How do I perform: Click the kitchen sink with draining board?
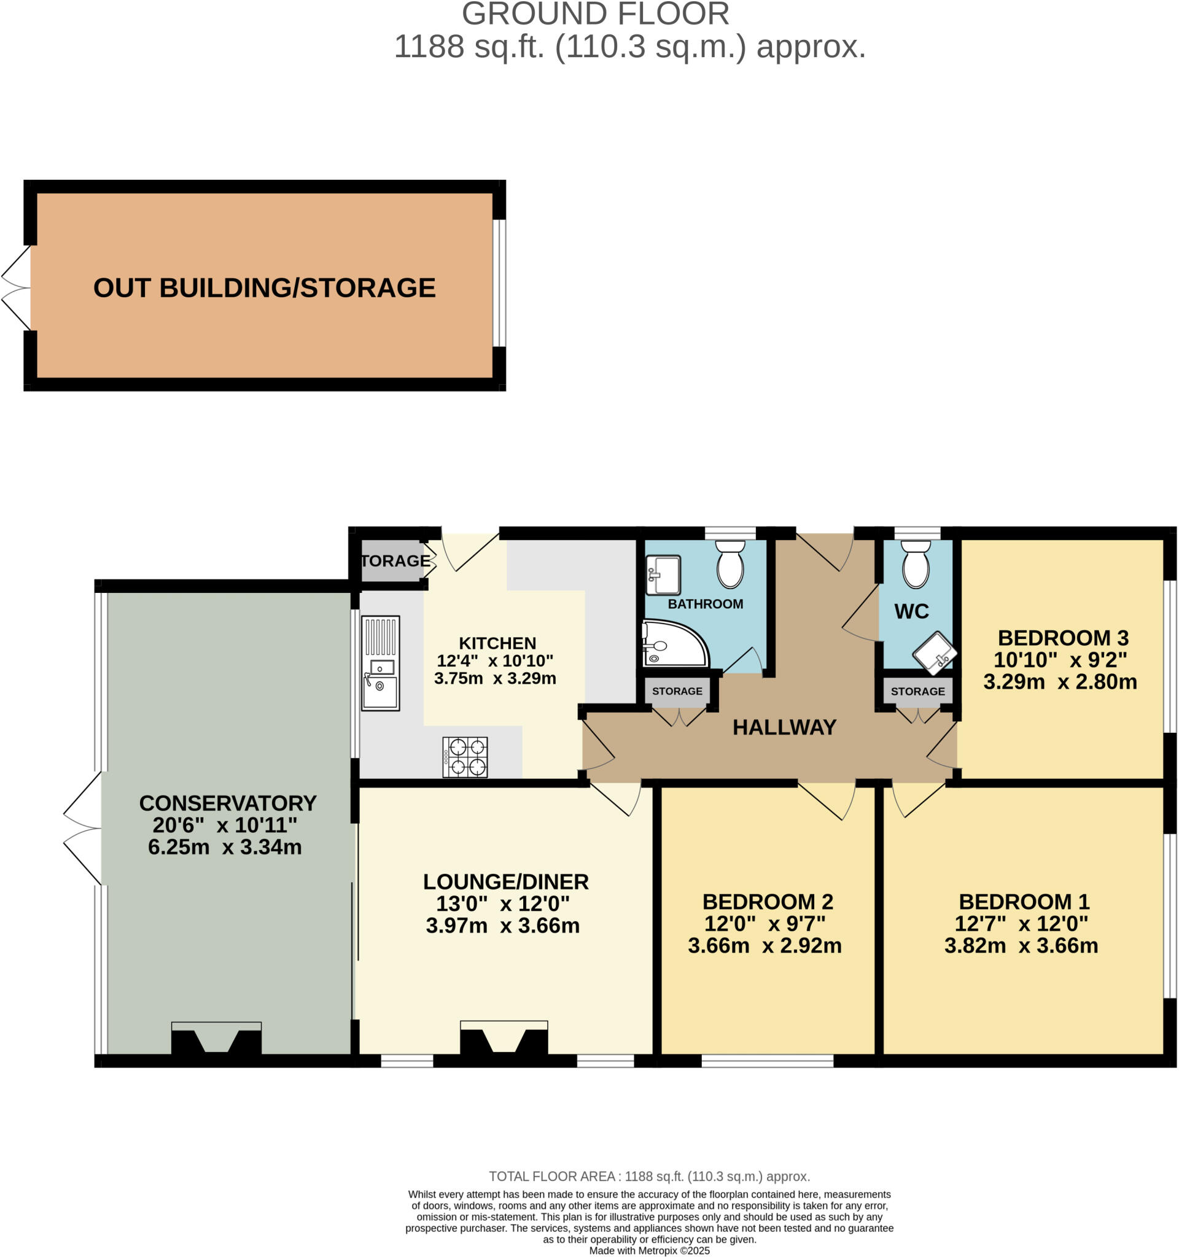pyautogui.click(x=380, y=663)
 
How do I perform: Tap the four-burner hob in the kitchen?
pyautogui.click(x=465, y=756)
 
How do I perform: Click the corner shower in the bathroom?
pyautogui.click(x=672, y=644)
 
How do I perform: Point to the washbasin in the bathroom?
pyautogui.click(x=663, y=574)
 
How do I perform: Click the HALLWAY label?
pyautogui.click(x=784, y=727)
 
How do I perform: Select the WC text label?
pyautogui.click(x=911, y=611)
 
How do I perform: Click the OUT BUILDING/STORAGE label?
pyautogui.click(x=265, y=288)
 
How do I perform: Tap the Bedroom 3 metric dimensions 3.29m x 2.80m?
pyautogui.click(x=1059, y=682)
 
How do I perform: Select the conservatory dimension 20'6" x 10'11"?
pyautogui.click(x=225, y=825)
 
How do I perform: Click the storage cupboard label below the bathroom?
pyautogui.click(x=677, y=691)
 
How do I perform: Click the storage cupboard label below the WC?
pyautogui.click(x=917, y=691)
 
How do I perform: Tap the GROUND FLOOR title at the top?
pyautogui.click(x=595, y=14)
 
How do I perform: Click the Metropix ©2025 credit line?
pyautogui.click(x=649, y=1250)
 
